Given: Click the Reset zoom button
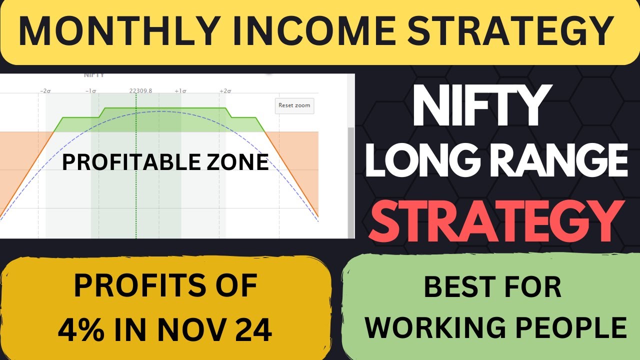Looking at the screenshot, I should (294, 105).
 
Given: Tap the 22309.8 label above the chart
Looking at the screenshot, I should (140, 91).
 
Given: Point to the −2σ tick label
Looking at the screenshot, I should (45, 91).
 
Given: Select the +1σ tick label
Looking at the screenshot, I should (180, 91).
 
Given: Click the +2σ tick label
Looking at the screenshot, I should (225, 91).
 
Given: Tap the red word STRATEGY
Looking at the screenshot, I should (496, 219).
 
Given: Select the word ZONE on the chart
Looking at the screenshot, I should (241, 162).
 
